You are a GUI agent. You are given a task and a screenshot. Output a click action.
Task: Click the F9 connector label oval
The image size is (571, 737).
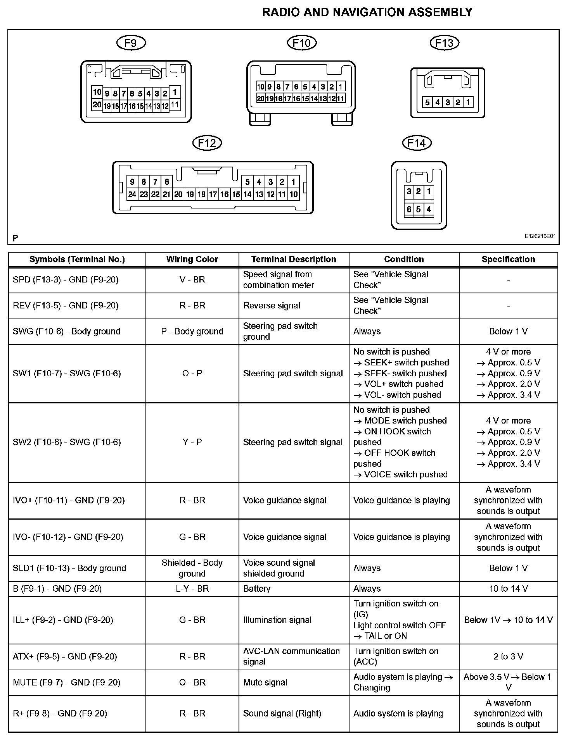(131, 43)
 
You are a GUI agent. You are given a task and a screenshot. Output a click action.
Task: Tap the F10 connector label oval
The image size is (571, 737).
(302, 43)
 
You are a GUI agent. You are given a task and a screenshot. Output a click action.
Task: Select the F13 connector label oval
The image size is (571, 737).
(445, 43)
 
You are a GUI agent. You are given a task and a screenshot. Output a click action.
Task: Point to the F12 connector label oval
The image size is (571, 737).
(207, 143)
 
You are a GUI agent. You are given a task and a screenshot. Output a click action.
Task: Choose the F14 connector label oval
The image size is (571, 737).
(417, 143)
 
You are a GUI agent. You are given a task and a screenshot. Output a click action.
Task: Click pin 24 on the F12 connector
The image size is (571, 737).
(132, 194)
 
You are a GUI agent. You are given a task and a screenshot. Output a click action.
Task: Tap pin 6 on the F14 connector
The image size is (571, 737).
(409, 209)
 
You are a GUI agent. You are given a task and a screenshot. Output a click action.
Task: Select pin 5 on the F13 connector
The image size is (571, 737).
(427, 102)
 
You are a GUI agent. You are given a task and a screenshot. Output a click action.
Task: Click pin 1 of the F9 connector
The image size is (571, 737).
(175, 92)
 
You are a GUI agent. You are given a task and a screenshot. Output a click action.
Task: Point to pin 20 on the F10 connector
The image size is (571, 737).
(261, 98)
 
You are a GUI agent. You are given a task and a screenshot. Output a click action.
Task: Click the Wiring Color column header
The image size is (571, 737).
(192, 259)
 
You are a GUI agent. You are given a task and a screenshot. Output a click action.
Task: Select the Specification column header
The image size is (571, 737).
(508, 259)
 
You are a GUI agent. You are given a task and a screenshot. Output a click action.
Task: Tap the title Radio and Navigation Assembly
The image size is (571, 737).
(367, 12)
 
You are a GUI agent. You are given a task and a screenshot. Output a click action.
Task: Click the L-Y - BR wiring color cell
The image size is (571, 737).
(192, 589)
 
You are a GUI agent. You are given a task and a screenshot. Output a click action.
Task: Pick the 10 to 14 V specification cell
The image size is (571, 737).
(508, 589)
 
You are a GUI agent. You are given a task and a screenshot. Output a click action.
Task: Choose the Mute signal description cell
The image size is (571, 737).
(265, 682)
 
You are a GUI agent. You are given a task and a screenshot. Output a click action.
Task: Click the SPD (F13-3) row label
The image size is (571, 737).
(66, 280)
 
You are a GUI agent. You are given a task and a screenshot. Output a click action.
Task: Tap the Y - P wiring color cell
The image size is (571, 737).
(192, 442)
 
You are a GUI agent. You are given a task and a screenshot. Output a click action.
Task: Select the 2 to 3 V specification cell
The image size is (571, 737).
(508, 656)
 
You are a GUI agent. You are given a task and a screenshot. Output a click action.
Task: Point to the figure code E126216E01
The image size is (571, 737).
(540, 236)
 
